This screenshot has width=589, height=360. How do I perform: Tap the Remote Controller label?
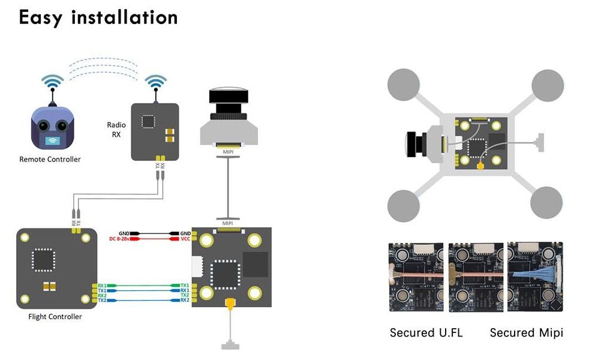coord(50,159)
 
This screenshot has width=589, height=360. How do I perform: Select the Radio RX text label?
coord(116,130)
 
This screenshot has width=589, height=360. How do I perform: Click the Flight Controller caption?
coord(55,316)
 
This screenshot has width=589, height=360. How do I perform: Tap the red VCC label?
coord(185,239)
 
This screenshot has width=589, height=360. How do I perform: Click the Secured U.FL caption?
coord(426,332)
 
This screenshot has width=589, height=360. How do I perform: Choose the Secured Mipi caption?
coord(526,332)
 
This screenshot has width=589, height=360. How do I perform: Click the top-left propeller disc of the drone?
coord(404,85)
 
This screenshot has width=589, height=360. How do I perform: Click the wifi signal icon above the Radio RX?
coord(156,82)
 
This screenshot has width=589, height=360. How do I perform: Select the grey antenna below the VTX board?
coord(229,345)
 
